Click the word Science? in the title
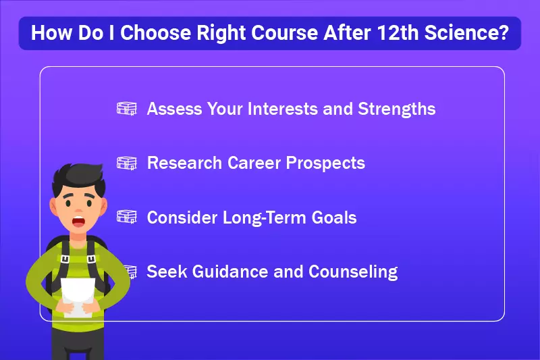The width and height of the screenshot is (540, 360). tap(466, 32)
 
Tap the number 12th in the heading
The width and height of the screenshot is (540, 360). tap(398, 32)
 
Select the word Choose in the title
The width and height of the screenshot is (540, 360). tap(155, 32)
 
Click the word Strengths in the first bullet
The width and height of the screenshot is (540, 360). tap(397, 109)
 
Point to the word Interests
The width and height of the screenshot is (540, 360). tap(282, 109)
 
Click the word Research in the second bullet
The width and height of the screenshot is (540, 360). tap(184, 163)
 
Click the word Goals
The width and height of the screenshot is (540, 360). tap(333, 217)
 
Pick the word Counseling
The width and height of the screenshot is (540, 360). tap(353, 272)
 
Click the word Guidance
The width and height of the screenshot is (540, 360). tap(230, 272)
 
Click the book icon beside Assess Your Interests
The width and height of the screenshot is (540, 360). tap(127, 109)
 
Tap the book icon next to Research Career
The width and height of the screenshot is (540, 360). tap(127, 163)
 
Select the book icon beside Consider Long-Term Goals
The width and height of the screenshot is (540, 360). tap(127, 217)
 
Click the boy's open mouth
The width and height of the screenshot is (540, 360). tap(78, 222)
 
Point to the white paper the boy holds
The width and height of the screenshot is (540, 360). tap(78, 297)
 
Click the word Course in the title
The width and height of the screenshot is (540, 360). tap(284, 32)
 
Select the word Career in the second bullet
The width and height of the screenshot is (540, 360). tap(254, 163)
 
